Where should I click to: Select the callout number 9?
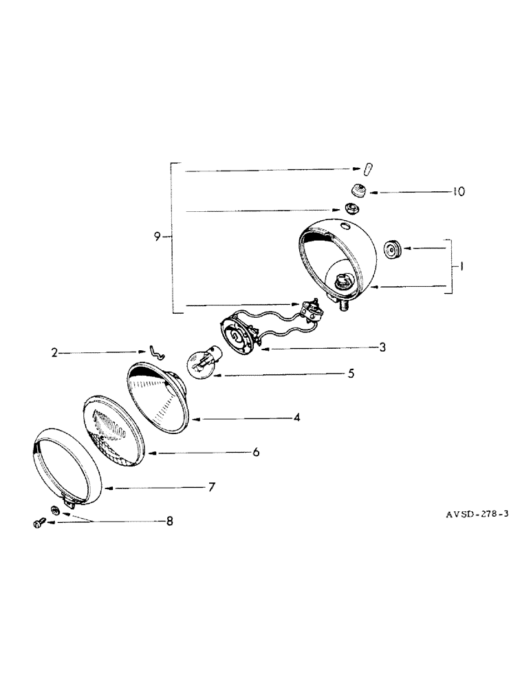158,237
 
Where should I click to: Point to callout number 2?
54,354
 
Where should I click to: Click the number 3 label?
382,347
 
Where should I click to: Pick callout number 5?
351,374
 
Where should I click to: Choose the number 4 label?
297,417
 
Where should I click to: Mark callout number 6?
255,452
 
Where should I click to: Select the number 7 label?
211,487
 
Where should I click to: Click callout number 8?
169,522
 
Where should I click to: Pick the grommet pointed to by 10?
358,191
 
